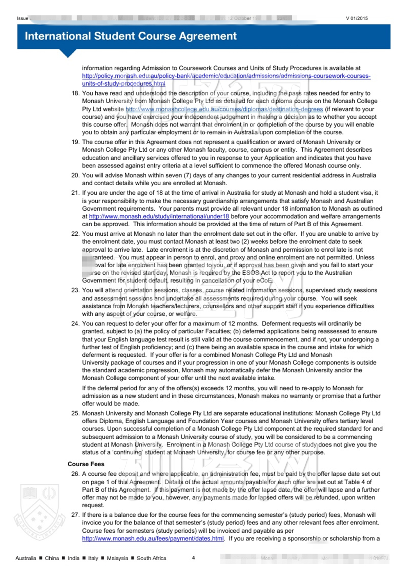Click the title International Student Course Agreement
(x=131, y=36)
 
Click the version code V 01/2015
(x=357, y=18)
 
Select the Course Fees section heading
(x=86, y=464)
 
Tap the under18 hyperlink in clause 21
(x=159, y=216)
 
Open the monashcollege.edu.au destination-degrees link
(x=224, y=109)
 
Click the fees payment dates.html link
(x=153, y=538)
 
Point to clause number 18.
(x=75, y=93)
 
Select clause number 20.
(x=75, y=175)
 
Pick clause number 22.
(x=75, y=234)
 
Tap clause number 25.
(x=75, y=413)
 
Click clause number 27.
(x=75, y=515)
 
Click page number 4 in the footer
(x=193, y=558)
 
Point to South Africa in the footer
(x=151, y=558)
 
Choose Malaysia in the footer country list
(x=117, y=558)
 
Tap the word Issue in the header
(x=22, y=18)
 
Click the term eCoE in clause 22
(x=264, y=281)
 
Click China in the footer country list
(x=52, y=558)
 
